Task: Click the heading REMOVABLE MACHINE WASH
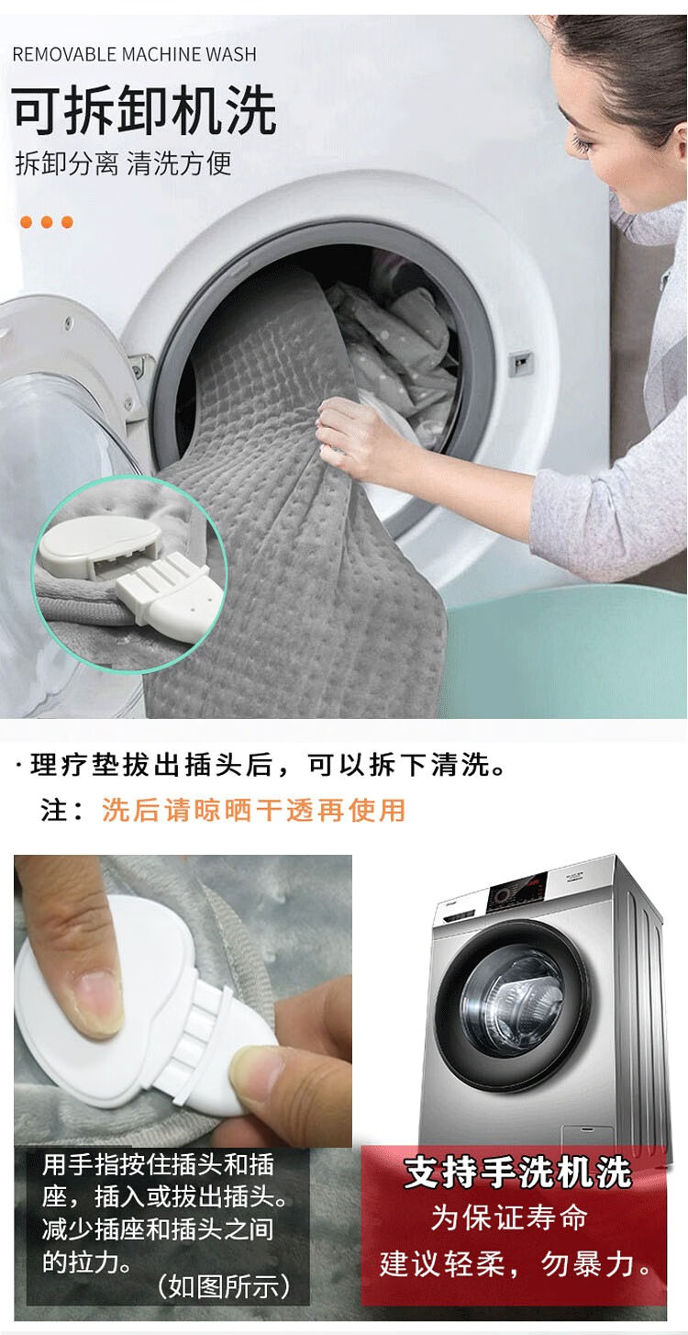(134, 54)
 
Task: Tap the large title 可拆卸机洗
(144, 112)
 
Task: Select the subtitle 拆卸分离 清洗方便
(124, 164)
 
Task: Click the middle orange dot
(47, 222)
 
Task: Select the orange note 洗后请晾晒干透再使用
(253, 810)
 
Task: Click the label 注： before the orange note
(64, 810)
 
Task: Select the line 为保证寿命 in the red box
(509, 1217)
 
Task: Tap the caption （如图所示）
(225, 1285)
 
